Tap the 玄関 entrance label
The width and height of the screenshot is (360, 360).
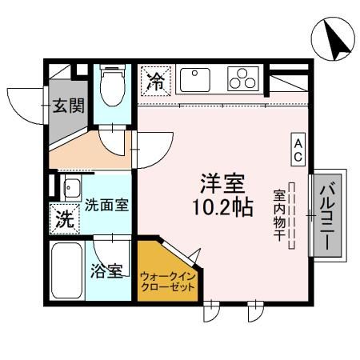[67, 106]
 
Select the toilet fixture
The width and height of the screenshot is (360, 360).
[111, 84]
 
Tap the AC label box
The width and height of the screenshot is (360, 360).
[296, 148]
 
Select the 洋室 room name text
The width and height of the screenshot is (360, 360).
[222, 184]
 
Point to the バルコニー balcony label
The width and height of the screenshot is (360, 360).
[328, 213]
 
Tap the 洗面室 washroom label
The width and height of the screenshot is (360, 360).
[106, 204]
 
